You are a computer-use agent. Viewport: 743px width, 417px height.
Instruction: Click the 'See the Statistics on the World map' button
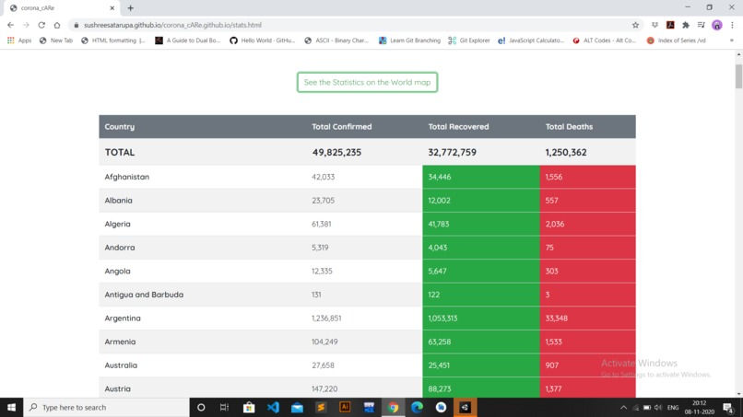pos(367,83)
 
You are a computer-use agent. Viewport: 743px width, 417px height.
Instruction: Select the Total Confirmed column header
pos(342,127)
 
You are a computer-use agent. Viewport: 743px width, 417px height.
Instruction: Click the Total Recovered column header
pos(458,127)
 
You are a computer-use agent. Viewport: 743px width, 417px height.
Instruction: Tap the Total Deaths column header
pos(569,127)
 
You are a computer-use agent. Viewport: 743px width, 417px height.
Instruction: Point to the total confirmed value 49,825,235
pos(336,153)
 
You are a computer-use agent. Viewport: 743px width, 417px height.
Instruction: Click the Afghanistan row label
pos(127,177)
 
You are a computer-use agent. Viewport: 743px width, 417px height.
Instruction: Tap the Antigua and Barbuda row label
pos(144,295)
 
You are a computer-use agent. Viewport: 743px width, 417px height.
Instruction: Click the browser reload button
pos(41,25)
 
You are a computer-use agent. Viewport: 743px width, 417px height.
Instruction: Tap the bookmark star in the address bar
pos(635,25)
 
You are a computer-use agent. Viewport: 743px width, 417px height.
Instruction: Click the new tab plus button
pos(130,8)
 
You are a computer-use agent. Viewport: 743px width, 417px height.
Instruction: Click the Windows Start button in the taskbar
pos(12,407)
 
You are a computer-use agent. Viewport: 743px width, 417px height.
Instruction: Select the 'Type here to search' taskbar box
pos(106,407)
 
